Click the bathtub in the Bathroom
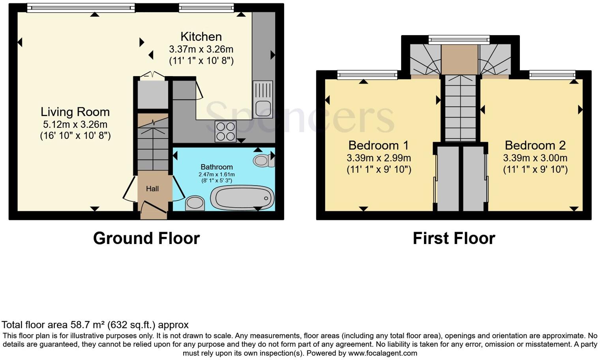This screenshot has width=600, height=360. pyautogui.click(x=242, y=197)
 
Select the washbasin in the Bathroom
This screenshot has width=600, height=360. pyautogui.click(x=195, y=203)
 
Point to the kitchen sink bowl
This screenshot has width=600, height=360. pyautogui.click(x=263, y=109)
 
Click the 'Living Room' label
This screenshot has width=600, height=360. pyautogui.click(x=75, y=112)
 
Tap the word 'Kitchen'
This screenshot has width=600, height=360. pyautogui.click(x=201, y=37)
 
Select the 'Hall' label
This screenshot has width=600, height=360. pyautogui.click(x=152, y=189)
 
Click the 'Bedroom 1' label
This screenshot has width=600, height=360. pyautogui.click(x=379, y=145)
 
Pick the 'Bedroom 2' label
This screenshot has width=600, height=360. pyautogui.click(x=535, y=145)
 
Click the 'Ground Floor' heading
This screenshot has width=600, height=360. pyautogui.click(x=146, y=238)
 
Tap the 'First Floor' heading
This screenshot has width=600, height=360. pyautogui.click(x=454, y=238)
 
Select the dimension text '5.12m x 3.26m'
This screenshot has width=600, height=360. pyautogui.click(x=75, y=124)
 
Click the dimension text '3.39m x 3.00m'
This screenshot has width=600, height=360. pyautogui.click(x=535, y=158)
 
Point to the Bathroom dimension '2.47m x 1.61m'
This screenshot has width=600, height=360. pyautogui.click(x=217, y=174)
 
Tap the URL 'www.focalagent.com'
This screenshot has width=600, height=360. pyautogui.click(x=382, y=353)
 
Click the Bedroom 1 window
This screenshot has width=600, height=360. pyautogui.click(x=367, y=75)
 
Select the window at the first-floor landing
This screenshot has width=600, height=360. pyautogui.click(x=459, y=39)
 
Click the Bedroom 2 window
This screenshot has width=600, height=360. pyautogui.click(x=552, y=75)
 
